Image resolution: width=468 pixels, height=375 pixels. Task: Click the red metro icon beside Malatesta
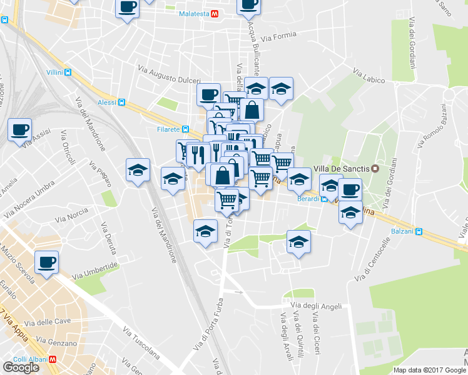pyautogui.click(x=215, y=12)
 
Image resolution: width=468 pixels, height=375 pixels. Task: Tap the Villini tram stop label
pyautogui.click(x=54, y=72)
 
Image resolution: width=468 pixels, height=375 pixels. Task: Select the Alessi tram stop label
pyautogui.click(x=107, y=102)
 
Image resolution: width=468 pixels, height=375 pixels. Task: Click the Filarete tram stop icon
pyautogui.click(x=185, y=129)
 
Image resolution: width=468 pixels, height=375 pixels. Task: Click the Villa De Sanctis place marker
pyautogui.click(x=375, y=168)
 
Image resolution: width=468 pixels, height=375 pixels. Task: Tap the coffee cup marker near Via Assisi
pyautogui.click(x=19, y=130)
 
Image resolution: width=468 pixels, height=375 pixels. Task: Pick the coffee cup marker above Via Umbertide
pyautogui.click(x=46, y=262)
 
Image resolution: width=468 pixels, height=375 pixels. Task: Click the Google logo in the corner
pyautogui.click(x=21, y=367)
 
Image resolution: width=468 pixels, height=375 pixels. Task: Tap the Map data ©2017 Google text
pyautogui.click(x=429, y=370)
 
